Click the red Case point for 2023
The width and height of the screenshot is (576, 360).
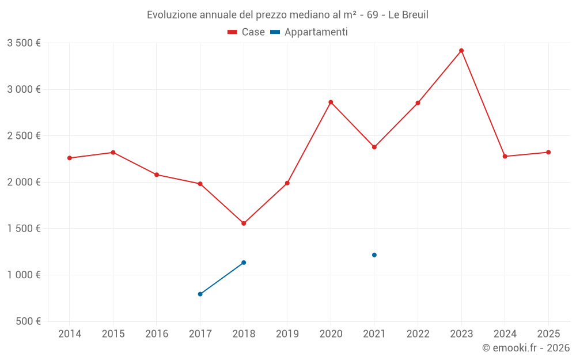tap(461, 51)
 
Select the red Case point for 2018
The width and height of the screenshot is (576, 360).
tap(244, 223)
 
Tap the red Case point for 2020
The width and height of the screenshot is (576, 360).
tap(331, 102)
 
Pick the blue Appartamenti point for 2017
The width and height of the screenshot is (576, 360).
tap(200, 294)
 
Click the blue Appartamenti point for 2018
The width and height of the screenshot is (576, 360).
tap(244, 263)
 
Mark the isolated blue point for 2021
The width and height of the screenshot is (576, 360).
tap(374, 255)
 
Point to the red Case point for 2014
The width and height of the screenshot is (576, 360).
tap(70, 158)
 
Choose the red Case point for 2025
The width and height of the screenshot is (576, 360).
tap(548, 152)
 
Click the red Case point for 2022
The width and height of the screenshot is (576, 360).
tap(418, 103)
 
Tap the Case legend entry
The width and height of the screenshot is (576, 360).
tap(247, 32)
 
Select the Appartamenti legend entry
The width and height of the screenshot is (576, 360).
tap(309, 32)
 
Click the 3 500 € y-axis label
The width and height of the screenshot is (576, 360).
tap(24, 43)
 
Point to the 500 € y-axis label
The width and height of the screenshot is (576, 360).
tap(27, 321)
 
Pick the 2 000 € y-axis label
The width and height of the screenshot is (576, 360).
tap(24, 182)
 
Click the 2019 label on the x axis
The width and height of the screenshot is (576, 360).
tap(287, 334)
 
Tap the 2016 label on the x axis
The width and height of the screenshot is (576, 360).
tap(157, 334)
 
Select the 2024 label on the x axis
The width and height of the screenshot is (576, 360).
tap(505, 334)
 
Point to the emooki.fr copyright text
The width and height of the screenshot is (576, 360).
tap(525, 348)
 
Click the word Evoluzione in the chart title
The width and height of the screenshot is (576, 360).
tap(170, 15)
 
